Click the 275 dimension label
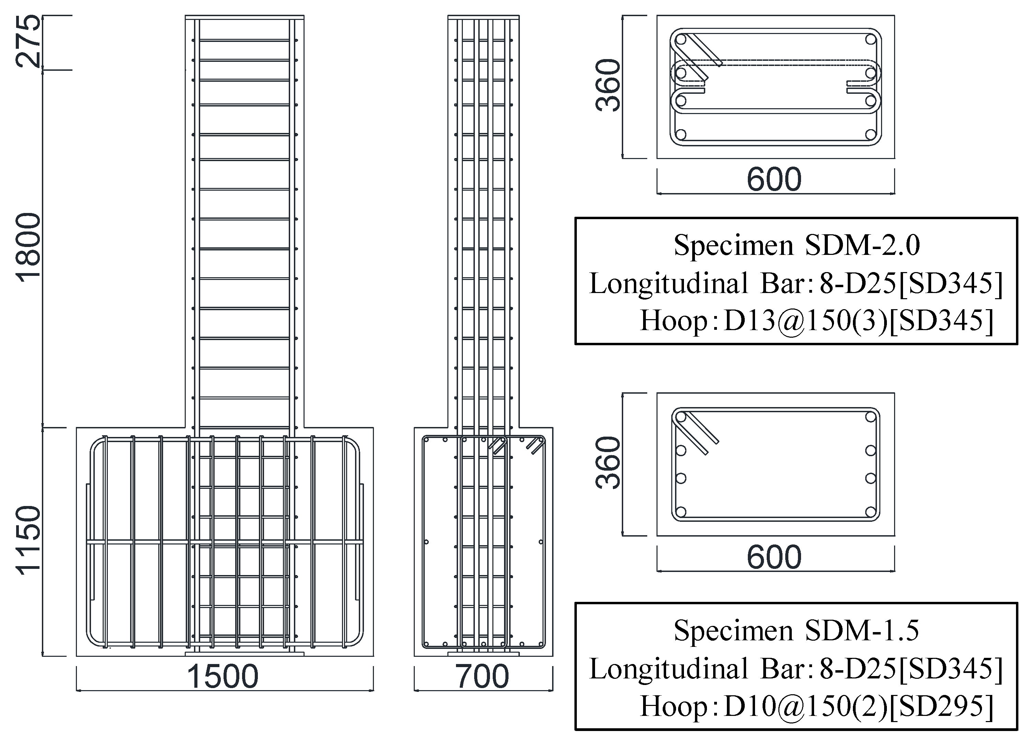[28, 42]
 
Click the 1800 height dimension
[28, 248]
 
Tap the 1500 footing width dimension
[222, 677]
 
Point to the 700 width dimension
[482, 677]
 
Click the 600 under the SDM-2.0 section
[774, 180]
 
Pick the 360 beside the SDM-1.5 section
[607, 463]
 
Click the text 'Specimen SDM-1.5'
[796, 630]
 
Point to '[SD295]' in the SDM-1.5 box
[941, 706]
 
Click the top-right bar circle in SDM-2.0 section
[870, 40]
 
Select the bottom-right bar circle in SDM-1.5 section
[870, 513]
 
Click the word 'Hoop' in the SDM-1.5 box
[673, 706]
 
